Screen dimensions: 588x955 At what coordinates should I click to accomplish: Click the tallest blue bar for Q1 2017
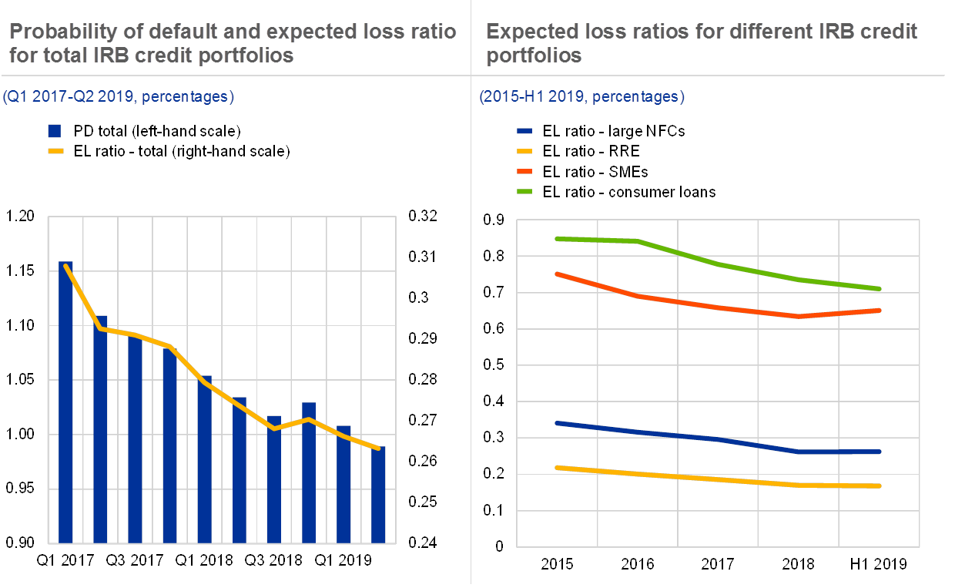[65, 401]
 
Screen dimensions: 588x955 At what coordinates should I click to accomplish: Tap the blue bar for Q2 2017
[100, 428]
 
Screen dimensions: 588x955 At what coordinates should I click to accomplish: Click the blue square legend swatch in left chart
[55, 131]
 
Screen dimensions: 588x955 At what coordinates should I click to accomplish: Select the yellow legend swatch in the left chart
[55, 151]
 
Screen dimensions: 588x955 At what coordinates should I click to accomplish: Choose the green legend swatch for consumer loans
[525, 191]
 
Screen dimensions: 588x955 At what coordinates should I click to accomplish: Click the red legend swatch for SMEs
[525, 171]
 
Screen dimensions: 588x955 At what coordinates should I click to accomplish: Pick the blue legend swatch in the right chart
[525, 132]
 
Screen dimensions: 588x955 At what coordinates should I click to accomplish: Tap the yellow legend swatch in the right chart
[525, 151]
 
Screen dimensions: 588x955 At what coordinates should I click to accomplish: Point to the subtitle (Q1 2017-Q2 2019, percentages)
[118, 97]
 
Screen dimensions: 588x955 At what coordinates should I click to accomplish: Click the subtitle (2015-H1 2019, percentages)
[581, 97]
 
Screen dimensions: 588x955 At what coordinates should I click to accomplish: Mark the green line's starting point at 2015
[557, 239]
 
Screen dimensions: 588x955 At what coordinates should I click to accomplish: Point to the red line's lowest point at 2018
[799, 316]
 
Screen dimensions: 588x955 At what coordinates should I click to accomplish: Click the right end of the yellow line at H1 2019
[880, 486]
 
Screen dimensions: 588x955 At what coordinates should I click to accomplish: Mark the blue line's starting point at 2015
[557, 423]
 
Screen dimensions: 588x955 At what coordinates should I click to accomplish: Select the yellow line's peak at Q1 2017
[66, 266]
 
